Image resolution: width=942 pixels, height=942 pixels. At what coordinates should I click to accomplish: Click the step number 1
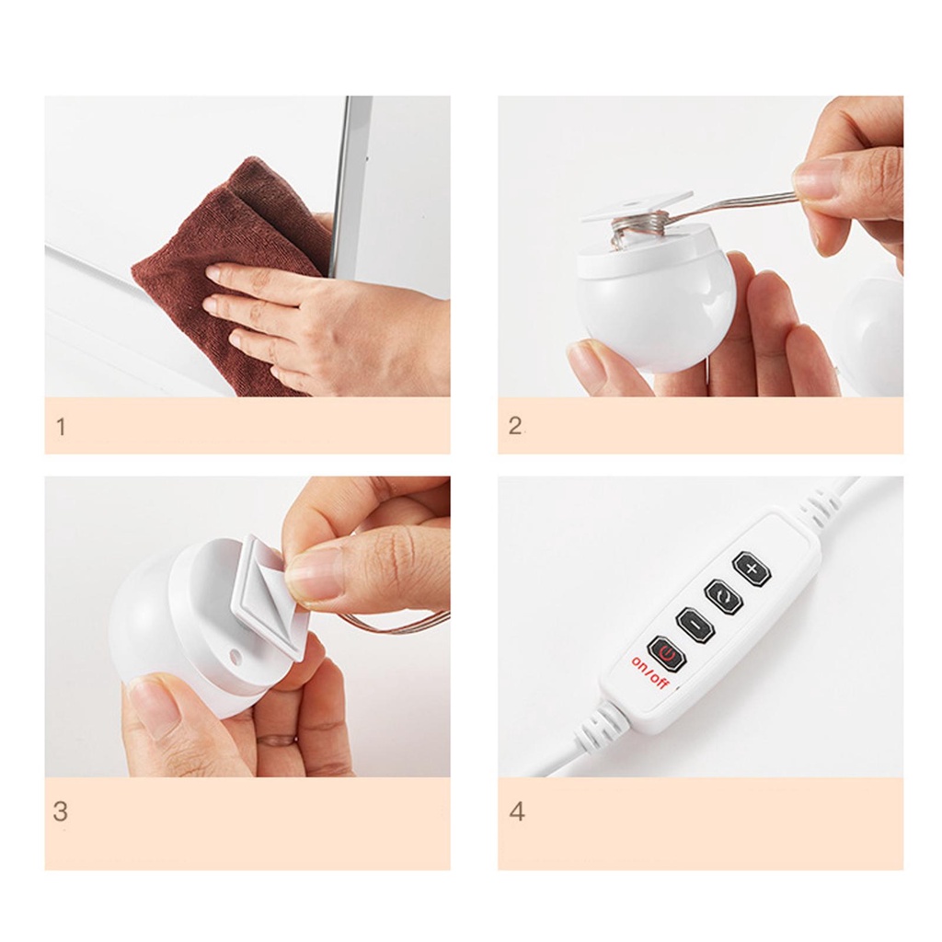(60, 427)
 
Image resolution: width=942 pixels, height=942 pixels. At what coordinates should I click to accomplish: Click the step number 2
(515, 426)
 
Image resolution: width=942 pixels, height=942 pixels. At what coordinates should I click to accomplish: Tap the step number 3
(60, 811)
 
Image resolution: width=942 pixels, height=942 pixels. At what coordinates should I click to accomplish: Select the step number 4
(517, 811)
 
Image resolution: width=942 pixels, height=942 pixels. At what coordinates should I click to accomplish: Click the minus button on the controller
(696, 626)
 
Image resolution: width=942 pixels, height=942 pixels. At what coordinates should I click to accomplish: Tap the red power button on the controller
(667, 654)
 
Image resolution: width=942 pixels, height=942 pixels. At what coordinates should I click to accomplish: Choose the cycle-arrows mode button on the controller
(724, 596)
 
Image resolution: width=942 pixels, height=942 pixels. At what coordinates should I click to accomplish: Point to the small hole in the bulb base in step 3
(234, 654)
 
